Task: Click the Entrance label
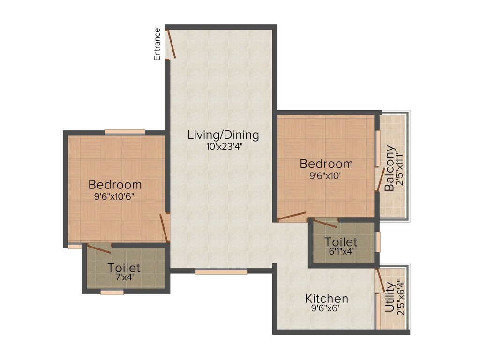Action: pyautogui.click(x=157, y=44)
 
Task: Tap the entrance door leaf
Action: pyautogui.click(x=172, y=44)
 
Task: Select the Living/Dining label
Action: pyautogui.click(x=223, y=135)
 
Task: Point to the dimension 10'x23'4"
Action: pyautogui.click(x=223, y=146)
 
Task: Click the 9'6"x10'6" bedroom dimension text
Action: pyautogui.click(x=115, y=196)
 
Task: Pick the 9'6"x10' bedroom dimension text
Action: pyautogui.click(x=326, y=176)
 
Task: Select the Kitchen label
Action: pyautogui.click(x=327, y=299)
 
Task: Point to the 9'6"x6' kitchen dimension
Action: pyautogui.click(x=327, y=309)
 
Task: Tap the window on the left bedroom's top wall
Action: pyautogui.click(x=124, y=132)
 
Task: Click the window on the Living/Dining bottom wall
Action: pyautogui.click(x=221, y=271)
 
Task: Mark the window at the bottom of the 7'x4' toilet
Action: pyautogui.click(x=112, y=292)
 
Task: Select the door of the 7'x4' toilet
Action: pyautogui.click(x=99, y=248)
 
